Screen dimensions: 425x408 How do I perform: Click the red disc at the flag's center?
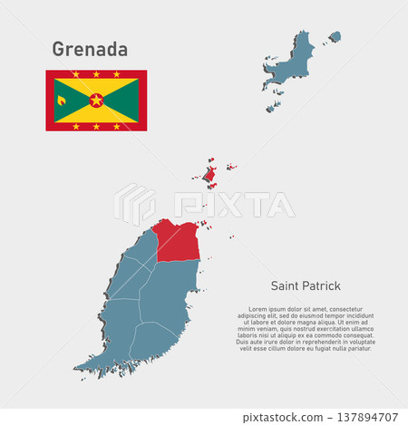click(x=96, y=100)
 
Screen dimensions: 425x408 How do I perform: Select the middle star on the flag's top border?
click(x=96, y=74)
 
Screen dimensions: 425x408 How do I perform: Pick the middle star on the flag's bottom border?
click(x=96, y=126)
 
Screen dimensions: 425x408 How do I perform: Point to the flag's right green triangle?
click(x=125, y=100)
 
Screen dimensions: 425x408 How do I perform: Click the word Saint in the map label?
click(x=280, y=285)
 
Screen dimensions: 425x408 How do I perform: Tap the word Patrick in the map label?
click(x=320, y=285)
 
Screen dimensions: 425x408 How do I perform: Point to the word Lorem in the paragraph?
click(x=260, y=309)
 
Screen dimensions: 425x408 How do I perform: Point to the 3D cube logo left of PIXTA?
click(x=134, y=204)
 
